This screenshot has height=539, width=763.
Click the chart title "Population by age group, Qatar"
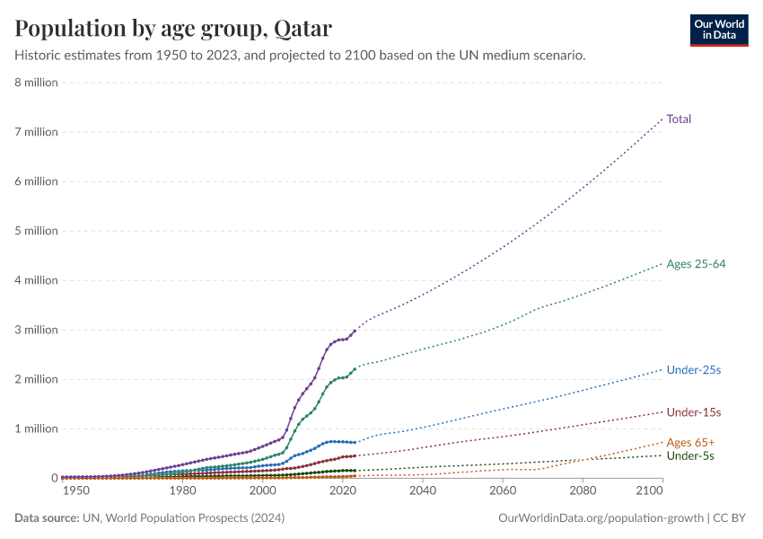(x=173, y=29)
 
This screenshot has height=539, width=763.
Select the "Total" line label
(x=679, y=119)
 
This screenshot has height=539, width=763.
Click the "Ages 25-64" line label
(x=696, y=264)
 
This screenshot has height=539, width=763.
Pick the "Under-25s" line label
(x=693, y=369)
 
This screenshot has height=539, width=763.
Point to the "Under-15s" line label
(x=693, y=412)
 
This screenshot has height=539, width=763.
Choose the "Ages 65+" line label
(x=690, y=442)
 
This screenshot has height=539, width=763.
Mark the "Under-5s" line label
(x=689, y=456)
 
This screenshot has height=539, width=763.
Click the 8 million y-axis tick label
(x=36, y=83)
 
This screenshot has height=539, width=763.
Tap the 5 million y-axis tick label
(x=36, y=231)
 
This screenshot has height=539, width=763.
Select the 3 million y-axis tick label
(x=36, y=330)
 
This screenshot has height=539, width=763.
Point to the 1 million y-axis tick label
(x=36, y=429)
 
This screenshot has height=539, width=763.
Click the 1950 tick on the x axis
(x=75, y=490)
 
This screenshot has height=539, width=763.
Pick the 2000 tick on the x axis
(x=262, y=490)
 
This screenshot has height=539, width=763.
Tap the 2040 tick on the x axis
(x=422, y=490)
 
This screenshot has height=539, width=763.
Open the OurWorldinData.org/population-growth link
(x=599, y=518)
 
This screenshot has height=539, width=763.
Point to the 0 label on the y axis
(x=54, y=478)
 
